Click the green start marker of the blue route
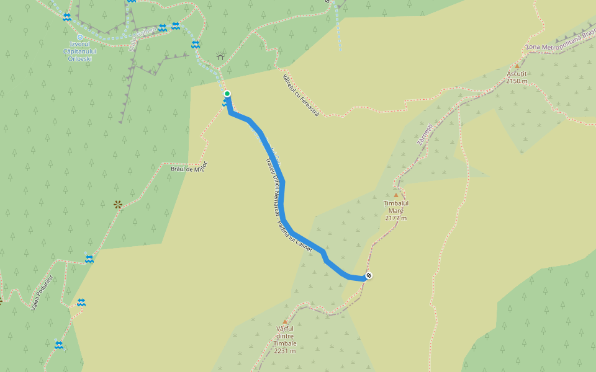point(227,94)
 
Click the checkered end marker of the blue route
point(369,275)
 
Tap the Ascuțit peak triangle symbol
point(517,66)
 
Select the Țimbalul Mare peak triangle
point(396,195)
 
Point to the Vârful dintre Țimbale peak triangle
point(286,321)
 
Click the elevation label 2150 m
point(517,81)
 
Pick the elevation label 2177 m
point(395,218)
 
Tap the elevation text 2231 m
point(284,351)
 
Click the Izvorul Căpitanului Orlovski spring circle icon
point(80,37)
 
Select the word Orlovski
point(79,59)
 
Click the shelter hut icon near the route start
point(220,57)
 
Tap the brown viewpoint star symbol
point(118,204)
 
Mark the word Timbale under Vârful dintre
point(284,343)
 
